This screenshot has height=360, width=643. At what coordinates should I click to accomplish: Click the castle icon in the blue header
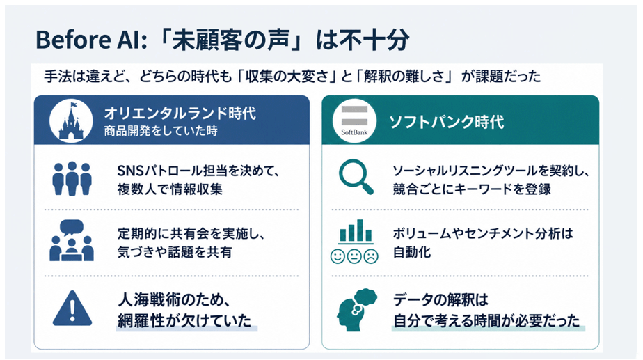[71, 120]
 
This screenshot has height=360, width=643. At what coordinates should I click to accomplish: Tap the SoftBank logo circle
[354, 120]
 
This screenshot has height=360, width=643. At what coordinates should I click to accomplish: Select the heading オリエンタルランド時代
[180, 113]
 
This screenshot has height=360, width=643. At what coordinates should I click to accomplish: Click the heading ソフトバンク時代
[447, 122]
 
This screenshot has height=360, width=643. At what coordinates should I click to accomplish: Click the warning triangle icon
[72, 308]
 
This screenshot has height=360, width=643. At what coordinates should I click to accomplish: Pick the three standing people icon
[72, 178]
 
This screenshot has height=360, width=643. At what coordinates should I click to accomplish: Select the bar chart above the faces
[356, 231]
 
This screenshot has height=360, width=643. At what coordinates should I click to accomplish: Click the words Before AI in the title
[90, 40]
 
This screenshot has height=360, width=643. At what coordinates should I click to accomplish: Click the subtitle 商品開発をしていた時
[161, 131]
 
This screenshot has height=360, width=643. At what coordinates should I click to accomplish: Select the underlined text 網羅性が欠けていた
[184, 320]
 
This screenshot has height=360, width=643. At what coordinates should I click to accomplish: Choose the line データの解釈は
[440, 299]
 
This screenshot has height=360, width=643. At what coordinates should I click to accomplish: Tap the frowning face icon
[371, 256]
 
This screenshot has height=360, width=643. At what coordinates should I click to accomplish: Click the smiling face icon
[338, 256]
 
